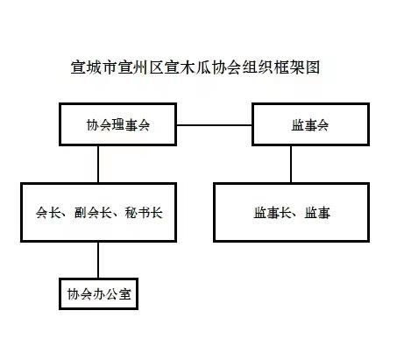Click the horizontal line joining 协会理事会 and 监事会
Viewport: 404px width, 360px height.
click(x=214, y=125)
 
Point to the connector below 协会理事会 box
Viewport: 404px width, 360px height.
click(x=98, y=164)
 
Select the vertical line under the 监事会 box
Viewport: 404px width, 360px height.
click(x=291, y=164)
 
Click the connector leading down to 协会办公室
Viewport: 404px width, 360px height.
click(x=98, y=260)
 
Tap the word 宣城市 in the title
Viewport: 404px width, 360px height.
click(x=94, y=67)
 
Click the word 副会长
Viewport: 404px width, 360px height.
click(x=93, y=213)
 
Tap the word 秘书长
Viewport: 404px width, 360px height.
click(x=144, y=213)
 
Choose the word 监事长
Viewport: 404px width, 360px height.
click(x=273, y=213)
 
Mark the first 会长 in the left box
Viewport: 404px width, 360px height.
click(x=48, y=213)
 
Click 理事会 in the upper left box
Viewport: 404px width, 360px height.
click(x=131, y=125)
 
